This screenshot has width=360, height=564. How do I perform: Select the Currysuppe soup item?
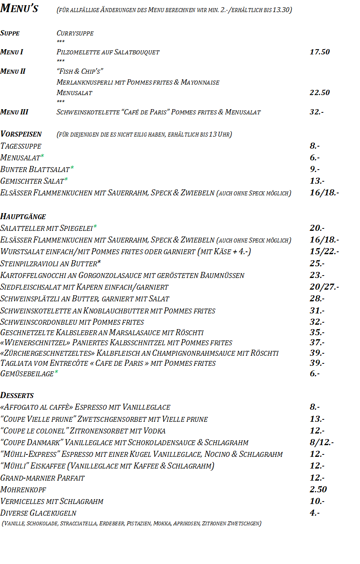coord(75,33)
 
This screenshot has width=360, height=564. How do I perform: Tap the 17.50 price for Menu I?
coord(319,52)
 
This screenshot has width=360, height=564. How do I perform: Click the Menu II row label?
coord(13,71)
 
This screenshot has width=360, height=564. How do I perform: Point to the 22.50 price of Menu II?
coord(319,92)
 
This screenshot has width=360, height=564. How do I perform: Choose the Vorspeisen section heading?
coord(21,134)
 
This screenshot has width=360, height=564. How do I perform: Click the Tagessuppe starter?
coord(21,146)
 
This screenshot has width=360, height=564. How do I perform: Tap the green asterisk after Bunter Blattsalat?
coord(72,168)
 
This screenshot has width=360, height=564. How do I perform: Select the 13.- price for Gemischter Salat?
coord(317,181)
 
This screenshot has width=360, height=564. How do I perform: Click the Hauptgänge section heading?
coord(23,216)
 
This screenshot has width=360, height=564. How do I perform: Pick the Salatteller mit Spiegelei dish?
coord(46,228)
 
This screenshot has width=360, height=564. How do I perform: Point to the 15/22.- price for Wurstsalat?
coord(324,251)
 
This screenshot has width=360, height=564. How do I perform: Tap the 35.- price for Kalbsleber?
coord(317,332)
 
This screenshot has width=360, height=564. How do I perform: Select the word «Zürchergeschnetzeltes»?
coord(48,353)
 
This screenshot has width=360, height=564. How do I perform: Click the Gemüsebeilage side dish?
coord(27,373)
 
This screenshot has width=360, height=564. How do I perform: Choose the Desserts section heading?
coord(17,395)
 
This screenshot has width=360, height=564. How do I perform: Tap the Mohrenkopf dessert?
coord(23,489)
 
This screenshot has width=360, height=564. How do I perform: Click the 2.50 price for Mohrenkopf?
coord(318,489)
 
